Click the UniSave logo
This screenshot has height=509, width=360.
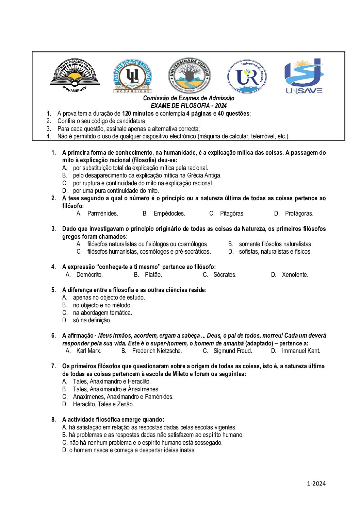click(x=304, y=76)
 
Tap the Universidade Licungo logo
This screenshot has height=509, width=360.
click(x=132, y=75)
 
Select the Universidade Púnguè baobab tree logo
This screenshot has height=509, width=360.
click(x=189, y=75)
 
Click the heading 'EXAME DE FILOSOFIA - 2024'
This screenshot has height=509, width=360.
click(x=189, y=106)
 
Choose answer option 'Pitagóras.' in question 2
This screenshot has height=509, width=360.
click(x=232, y=214)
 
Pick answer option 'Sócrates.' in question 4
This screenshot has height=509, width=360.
click(x=225, y=275)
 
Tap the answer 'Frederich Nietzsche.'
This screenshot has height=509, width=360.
click(x=157, y=351)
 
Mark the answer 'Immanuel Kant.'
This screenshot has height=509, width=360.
click(x=301, y=351)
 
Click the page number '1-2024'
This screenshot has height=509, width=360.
click(x=316, y=483)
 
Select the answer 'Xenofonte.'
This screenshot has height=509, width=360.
click(x=295, y=275)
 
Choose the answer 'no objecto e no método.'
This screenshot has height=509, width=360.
click(x=102, y=305)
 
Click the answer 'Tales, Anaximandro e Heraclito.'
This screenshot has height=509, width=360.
click(x=112, y=381)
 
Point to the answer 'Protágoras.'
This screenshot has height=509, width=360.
click(x=299, y=214)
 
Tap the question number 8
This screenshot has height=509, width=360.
click(x=53, y=420)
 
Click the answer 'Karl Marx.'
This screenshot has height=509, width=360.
click(x=89, y=351)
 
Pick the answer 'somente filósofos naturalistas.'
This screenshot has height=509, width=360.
click(x=276, y=244)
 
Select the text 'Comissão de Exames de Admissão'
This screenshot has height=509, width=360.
click(x=189, y=98)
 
